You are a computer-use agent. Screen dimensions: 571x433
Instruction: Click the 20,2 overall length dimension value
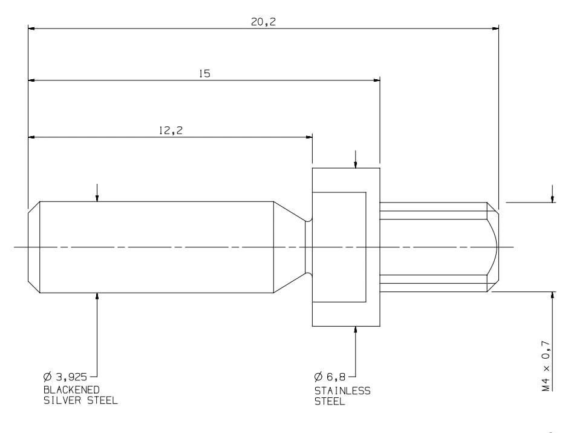263,22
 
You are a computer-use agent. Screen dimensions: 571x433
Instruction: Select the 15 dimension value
205,74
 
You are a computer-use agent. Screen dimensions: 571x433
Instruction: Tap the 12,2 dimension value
171,130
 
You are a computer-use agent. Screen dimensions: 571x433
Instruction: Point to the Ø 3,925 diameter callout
65,377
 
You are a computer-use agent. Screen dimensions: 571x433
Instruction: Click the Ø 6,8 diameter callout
330,377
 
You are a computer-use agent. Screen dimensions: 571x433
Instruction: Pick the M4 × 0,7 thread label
546,366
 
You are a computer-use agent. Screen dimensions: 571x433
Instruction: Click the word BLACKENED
71,389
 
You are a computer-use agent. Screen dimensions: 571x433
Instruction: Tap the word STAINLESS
342,391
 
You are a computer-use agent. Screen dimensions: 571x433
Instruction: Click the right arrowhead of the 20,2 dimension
495,28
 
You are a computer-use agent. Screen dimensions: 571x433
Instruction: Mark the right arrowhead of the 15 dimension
377,80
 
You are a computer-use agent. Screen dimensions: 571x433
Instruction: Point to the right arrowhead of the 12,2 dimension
309,137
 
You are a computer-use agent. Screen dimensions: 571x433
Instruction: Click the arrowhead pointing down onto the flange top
356,164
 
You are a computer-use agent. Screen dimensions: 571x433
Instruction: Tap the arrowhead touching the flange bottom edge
356,330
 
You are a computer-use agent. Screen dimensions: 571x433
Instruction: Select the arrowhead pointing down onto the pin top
97,198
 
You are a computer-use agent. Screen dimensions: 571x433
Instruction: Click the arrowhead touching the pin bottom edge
97,296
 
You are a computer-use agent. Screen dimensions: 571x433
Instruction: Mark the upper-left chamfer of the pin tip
34,206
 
